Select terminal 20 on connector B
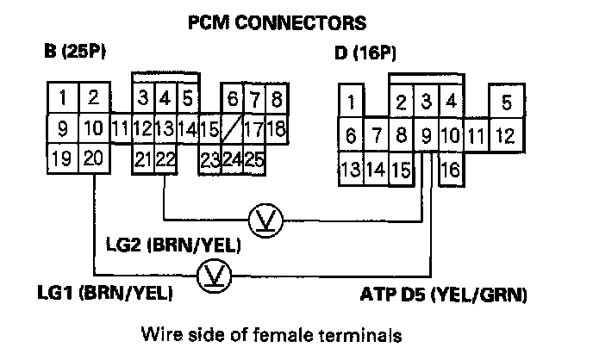(95, 158)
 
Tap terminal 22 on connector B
(166, 158)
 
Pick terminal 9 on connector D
(425, 136)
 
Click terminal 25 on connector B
(253, 158)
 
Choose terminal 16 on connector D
(450, 170)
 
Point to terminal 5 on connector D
(506, 102)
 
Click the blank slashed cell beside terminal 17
(230, 130)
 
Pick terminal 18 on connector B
(276, 130)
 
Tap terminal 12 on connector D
(506, 136)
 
